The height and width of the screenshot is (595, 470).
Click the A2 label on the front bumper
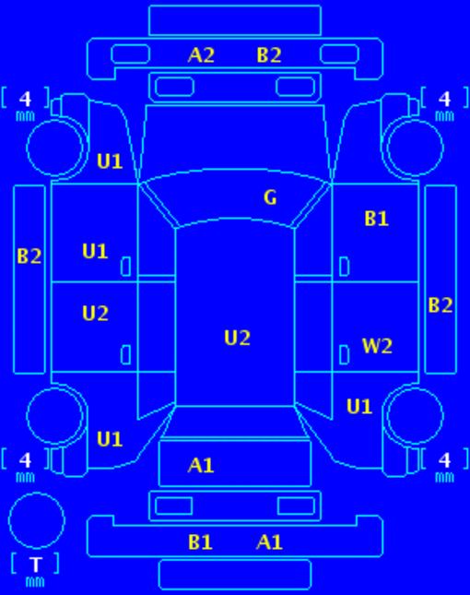coord(201,55)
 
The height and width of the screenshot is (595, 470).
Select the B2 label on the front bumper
coord(269,55)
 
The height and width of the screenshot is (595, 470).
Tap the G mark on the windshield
coord(270,197)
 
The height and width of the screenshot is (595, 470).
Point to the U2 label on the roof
coord(237,338)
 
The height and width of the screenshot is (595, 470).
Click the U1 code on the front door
coord(95,251)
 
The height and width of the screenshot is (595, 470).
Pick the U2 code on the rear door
coord(95,314)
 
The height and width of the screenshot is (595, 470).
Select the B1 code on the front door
coord(376,219)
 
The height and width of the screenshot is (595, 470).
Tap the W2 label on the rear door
coord(377,346)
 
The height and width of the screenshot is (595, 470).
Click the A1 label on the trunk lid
coord(201,465)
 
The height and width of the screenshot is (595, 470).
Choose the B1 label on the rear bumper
coord(200,542)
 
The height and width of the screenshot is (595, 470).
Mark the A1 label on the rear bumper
coord(269,542)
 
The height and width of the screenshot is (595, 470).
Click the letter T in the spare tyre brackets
coord(36,565)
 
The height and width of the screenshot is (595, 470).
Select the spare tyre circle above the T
coord(36,493)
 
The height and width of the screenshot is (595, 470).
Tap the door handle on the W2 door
coord(344,355)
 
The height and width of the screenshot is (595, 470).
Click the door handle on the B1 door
coord(344,267)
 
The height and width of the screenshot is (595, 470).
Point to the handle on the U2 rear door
coord(126,355)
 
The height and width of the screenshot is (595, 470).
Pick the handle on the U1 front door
coord(126,267)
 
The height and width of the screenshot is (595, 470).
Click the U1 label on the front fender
coord(110,161)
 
